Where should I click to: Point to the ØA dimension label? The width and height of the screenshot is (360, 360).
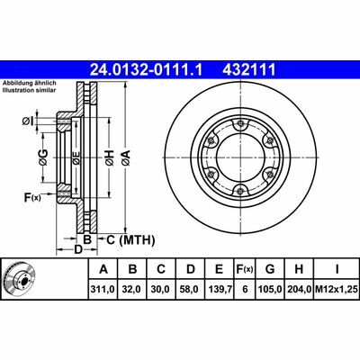coord(126,159)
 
